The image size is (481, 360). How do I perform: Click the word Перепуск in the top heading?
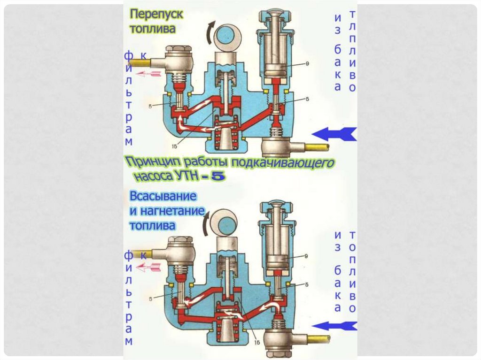pos(156,14)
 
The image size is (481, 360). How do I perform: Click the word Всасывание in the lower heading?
pos(163,196)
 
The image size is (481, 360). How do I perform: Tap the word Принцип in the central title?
pos(151,163)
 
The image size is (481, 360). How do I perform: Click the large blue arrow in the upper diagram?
pos(334,134)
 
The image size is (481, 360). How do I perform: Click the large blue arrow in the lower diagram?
pos(334,325)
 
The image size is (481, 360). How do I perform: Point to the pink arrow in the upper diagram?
pos(149,74)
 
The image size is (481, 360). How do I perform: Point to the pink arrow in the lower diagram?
pos(149,268)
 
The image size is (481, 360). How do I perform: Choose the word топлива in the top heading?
pos(152,29)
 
